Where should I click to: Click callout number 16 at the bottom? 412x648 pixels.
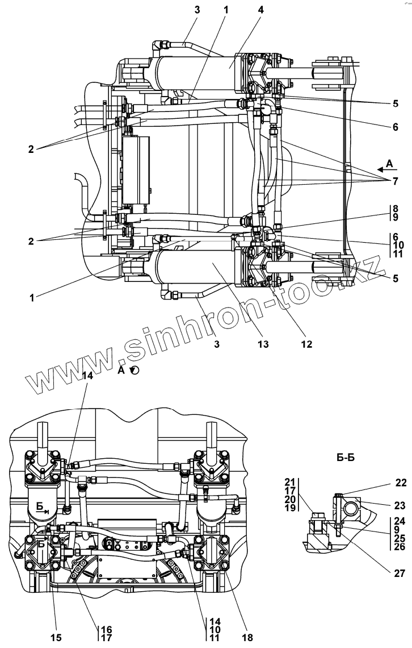(x=106, y=629)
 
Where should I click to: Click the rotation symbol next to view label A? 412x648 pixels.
(x=134, y=370)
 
